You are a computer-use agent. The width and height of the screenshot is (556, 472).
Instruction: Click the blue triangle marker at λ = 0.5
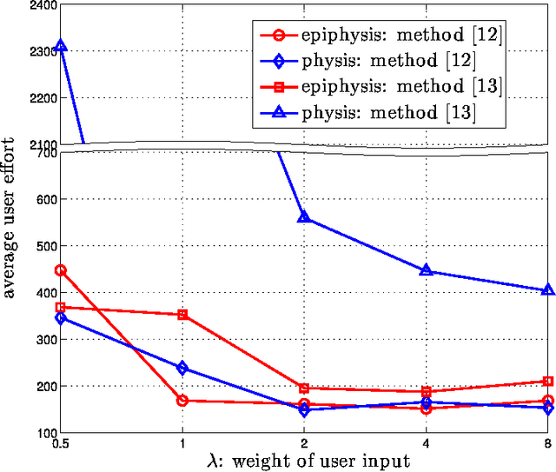coord(61,45)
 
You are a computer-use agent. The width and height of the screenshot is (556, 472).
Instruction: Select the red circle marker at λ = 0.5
coord(61,270)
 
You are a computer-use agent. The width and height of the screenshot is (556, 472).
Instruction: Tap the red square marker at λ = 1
coord(182,315)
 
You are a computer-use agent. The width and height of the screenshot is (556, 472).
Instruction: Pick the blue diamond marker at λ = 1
coord(182,368)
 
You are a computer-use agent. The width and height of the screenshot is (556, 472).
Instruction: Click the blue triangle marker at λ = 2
coord(304,216)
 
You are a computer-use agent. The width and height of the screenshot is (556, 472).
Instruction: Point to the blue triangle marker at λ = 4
coord(426,270)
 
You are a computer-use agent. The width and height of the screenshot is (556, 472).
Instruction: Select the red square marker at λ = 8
coord(547,381)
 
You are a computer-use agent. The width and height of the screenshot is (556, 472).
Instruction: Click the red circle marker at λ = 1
coord(182,401)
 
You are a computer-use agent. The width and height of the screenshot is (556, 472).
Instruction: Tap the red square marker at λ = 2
coord(304,388)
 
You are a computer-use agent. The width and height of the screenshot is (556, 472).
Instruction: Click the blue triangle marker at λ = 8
coord(547,290)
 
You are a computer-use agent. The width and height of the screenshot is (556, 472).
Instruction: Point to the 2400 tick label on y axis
coord(41,6)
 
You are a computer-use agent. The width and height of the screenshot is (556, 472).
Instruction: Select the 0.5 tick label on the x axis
coord(61,442)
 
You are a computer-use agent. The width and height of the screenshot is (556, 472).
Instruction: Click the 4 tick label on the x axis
coord(426,442)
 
